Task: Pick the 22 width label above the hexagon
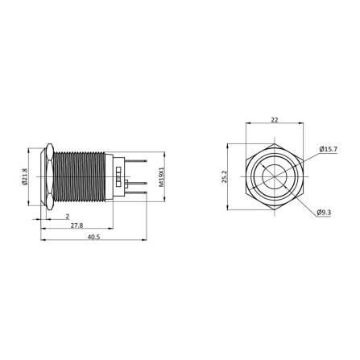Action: (275, 119)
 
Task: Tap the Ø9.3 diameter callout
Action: (325, 213)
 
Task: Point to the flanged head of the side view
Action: (48, 175)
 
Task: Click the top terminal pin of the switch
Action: (137, 158)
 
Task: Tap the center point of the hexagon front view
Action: (275, 175)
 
